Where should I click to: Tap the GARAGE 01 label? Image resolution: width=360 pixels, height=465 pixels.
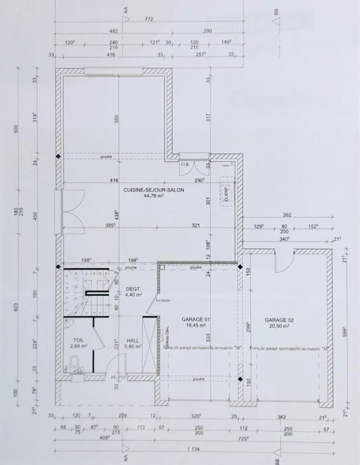coord(196,320)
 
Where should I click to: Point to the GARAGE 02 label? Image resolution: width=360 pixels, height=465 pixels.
coord(280,320)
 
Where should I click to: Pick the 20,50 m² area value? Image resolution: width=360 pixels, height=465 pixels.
coord(280,327)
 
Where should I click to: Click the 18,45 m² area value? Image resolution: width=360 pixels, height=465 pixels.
coord(196,326)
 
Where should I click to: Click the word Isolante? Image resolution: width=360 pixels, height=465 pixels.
coord(163,301)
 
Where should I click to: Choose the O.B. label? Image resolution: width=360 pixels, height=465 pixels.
coord(185,164)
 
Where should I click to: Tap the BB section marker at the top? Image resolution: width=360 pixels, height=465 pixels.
coord(277,10)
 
